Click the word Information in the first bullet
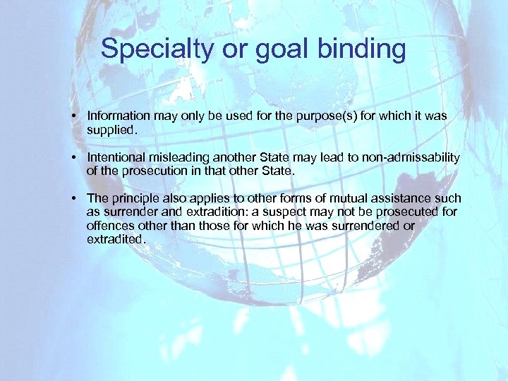coord(118,115)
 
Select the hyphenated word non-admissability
coord(411,157)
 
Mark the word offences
coord(110,226)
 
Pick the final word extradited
coord(115,239)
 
